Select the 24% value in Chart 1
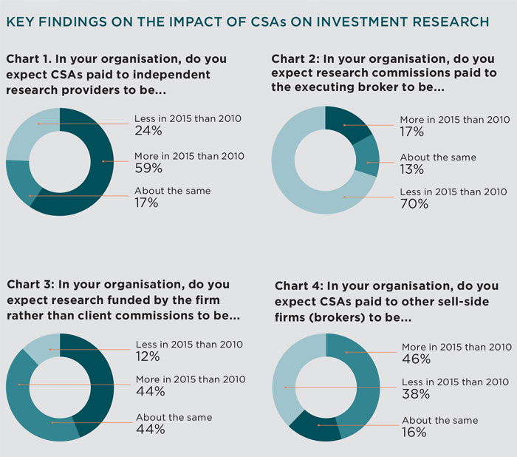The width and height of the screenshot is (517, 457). [146, 130]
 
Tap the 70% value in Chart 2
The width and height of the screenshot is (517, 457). [414, 204]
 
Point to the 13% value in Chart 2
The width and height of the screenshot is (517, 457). [411, 169]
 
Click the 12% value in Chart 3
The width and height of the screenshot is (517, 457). [148, 356]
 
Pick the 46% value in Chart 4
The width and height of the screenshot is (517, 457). [416, 359]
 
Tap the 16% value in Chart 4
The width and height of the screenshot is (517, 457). [414, 433]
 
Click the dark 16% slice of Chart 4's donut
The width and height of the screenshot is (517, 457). [314, 430]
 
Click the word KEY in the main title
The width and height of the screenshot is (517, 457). [21, 21]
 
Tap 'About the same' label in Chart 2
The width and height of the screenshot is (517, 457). [438, 157]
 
